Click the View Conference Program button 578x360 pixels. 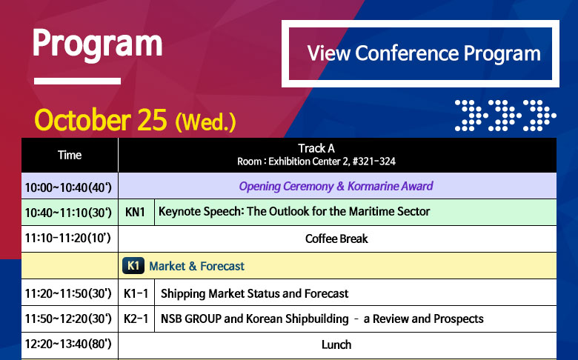(x=420, y=53)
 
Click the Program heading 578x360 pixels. (x=97, y=44)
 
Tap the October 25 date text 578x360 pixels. (x=101, y=120)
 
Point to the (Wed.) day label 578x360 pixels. (x=205, y=122)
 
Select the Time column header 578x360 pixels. (x=70, y=155)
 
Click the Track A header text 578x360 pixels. (x=316, y=148)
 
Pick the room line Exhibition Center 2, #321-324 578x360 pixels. (x=316, y=161)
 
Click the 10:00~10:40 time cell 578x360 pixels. (x=70, y=186)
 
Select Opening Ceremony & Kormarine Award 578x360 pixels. (x=336, y=186)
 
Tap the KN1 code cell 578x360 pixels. (x=136, y=213)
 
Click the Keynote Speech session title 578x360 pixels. (x=294, y=212)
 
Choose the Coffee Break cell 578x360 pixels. (x=336, y=239)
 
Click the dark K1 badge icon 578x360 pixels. (x=133, y=266)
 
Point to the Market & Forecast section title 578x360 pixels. (x=196, y=266)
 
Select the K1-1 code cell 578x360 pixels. (x=136, y=293)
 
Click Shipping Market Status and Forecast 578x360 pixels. (x=254, y=293)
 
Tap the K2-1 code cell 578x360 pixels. (x=136, y=319)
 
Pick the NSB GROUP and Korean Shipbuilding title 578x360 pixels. (x=322, y=319)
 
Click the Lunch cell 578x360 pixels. (x=336, y=345)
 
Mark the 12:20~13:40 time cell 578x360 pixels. (x=70, y=344)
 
